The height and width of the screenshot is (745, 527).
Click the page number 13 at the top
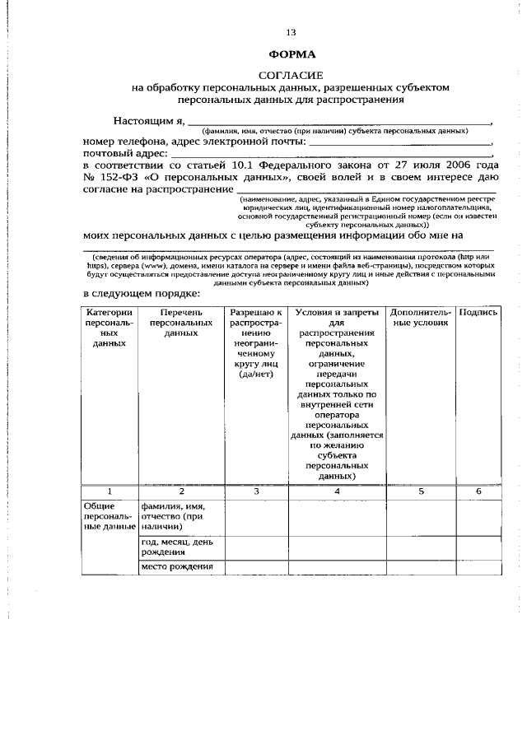290,32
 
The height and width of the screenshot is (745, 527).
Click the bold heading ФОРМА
291,54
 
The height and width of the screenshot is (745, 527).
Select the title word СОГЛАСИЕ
291,74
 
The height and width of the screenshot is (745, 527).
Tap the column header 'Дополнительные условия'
421,319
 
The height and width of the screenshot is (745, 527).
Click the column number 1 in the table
109,491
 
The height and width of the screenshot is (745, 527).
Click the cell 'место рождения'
178,566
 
